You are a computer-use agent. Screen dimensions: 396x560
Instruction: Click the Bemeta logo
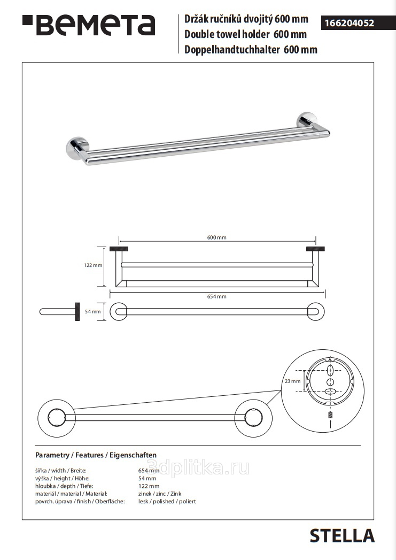point(89,25)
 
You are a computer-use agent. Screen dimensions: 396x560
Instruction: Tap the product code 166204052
point(350,23)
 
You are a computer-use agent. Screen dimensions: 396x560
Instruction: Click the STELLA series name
point(342,536)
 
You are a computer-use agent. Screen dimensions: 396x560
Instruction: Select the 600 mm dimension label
point(216,237)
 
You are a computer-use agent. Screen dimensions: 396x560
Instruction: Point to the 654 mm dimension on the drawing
point(216,296)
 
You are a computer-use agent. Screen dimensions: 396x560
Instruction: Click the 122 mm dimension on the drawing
point(93,265)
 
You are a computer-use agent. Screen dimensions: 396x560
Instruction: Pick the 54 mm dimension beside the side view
point(92,312)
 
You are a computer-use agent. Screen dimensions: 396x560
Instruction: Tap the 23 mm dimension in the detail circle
point(292,381)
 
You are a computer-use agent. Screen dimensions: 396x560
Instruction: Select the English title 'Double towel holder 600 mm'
point(245,34)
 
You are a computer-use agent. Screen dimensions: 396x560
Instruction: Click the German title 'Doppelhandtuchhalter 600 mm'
point(251,49)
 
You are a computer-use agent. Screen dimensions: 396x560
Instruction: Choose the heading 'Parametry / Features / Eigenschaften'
point(96,455)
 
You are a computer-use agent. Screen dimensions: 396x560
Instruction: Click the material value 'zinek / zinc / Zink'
point(160,494)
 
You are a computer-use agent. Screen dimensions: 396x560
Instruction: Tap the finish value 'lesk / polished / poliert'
point(167,501)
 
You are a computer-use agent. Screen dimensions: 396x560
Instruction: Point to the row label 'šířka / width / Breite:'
point(60,471)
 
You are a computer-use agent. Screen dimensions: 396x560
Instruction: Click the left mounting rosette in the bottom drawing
point(56,418)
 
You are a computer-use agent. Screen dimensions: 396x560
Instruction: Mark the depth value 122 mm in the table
point(149,486)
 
